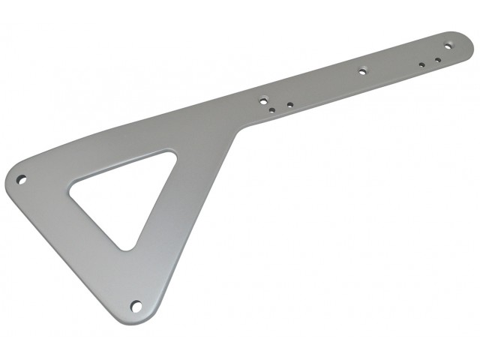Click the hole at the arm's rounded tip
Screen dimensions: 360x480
(448, 46)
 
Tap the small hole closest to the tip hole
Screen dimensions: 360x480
(438, 59)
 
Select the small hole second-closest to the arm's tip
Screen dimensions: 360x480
(422, 64)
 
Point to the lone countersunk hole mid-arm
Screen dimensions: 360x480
(362, 72)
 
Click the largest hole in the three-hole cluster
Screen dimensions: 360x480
(264, 98)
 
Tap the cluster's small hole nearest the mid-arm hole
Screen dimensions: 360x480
(290, 104)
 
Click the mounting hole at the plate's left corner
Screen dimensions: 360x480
(22, 179)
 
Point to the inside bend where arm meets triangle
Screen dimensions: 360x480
(238, 133)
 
